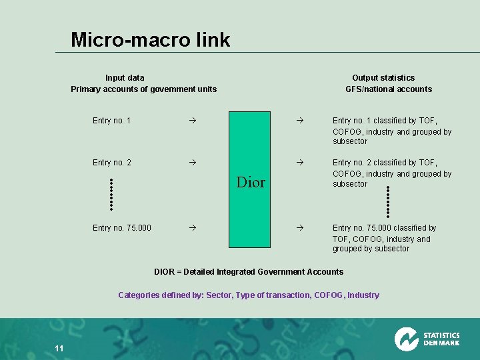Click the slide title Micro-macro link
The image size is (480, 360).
pos(150,40)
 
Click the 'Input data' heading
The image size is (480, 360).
pos(125,78)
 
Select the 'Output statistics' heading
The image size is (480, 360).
pos(383,78)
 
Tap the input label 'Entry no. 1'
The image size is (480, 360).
pos(111,121)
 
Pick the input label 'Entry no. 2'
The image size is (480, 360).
pos(111,163)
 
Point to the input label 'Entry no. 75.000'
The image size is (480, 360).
pos(121,228)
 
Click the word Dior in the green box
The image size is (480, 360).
pos(251,182)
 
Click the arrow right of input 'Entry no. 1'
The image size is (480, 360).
pos(191,121)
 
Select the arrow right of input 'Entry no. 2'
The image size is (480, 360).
pos(191,163)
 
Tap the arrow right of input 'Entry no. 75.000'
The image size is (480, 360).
pos(191,228)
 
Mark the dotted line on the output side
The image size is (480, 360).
pos(388,201)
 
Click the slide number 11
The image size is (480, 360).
pos(59,349)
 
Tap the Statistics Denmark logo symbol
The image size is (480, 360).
pos(406,339)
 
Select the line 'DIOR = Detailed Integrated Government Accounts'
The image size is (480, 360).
pos(249,271)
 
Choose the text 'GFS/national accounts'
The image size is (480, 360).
pos(388,89)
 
